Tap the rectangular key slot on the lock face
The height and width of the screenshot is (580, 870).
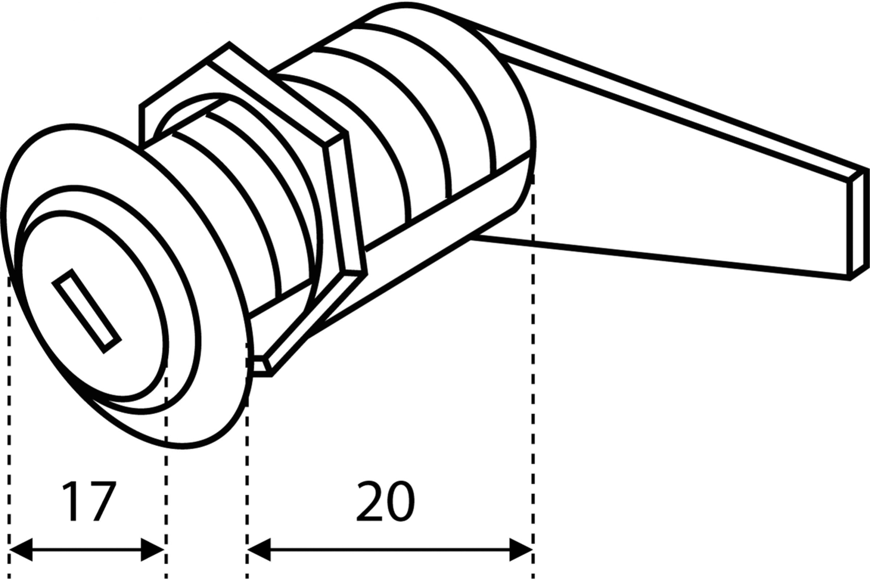pyautogui.click(x=87, y=311)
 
